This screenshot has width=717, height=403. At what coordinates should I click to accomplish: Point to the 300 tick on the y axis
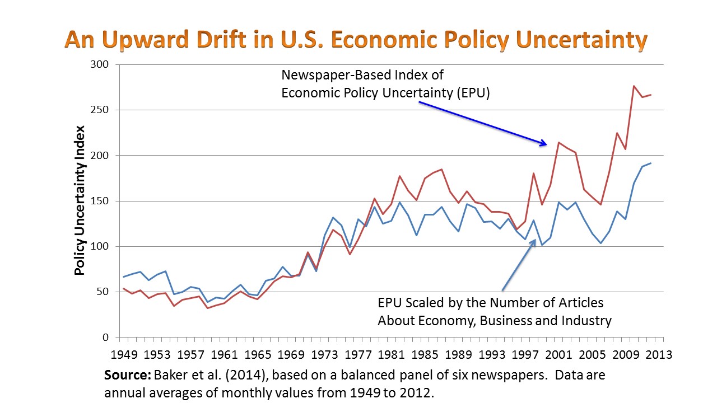(x=102, y=64)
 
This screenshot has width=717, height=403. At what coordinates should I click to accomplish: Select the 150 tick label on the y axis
(x=102, y=201)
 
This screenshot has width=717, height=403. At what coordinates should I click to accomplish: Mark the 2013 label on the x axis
(x=659, y=355)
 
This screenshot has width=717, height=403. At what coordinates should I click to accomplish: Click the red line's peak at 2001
(x=558, y=142)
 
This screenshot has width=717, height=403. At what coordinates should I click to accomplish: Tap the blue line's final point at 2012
(x=650, y=163)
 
